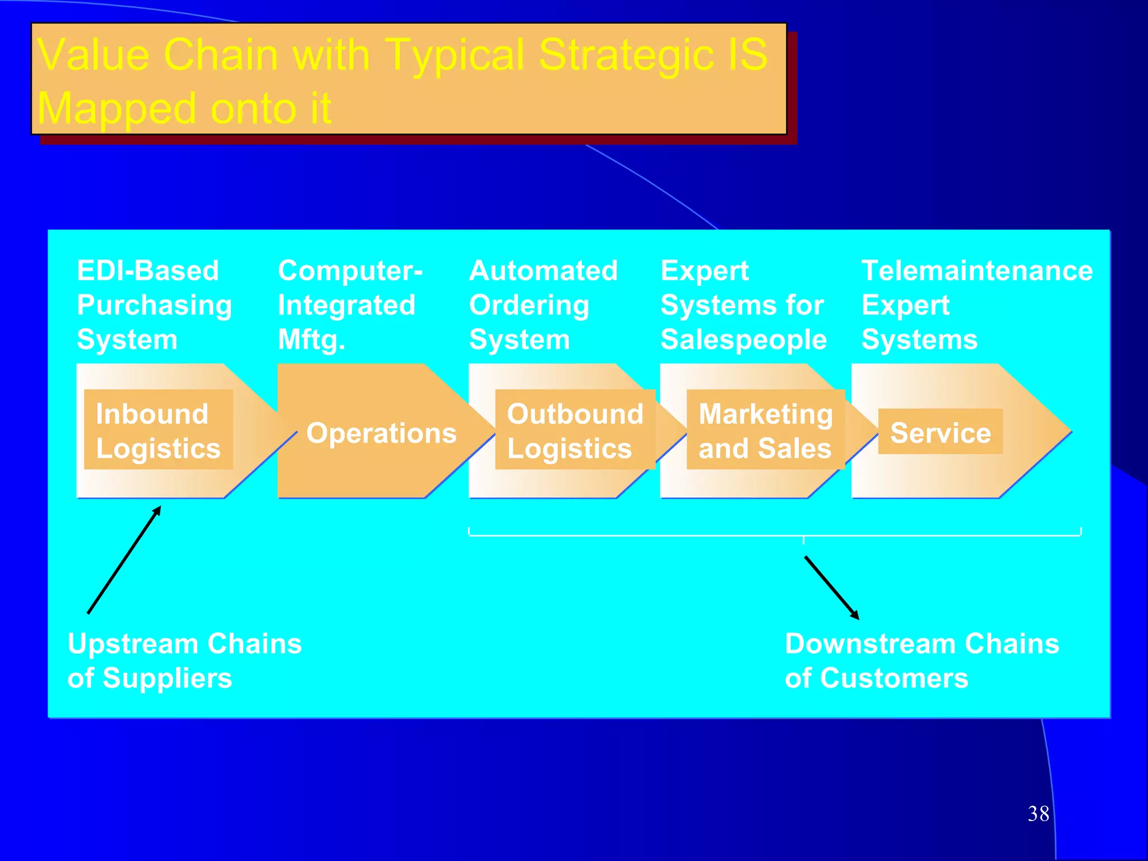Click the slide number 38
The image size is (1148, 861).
1038,813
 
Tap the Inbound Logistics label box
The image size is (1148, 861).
158,430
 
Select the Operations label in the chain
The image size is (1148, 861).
381,433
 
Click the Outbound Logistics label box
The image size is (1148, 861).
575,430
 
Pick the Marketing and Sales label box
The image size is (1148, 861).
765,430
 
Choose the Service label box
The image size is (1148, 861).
940,432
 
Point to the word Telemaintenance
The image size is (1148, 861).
976,271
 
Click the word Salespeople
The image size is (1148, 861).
743,340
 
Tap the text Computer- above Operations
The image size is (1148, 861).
350,271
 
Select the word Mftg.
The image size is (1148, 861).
311,340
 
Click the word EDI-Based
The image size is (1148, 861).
147,271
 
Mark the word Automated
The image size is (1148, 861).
543,271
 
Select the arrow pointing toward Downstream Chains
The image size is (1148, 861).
831,587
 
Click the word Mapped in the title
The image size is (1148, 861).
117,108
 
